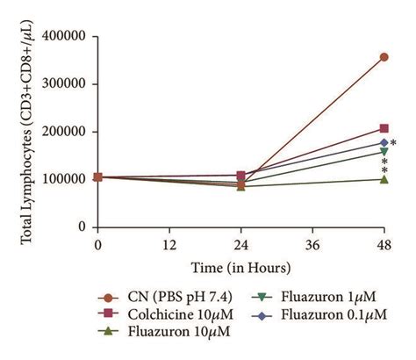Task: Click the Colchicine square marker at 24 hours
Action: pyautogui.click(x=241, y=176)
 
